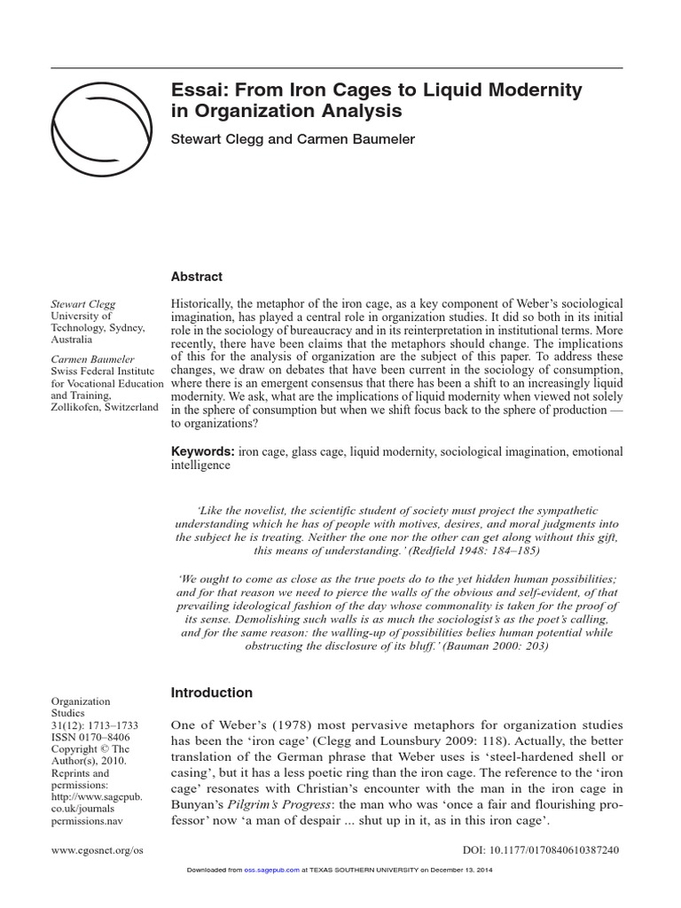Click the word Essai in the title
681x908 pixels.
point(196,90)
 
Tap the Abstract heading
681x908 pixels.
point(197,277)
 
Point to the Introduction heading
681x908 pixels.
point(211,693)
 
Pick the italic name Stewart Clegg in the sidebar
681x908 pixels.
point(82,303)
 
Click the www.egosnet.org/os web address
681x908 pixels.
point(96,850)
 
